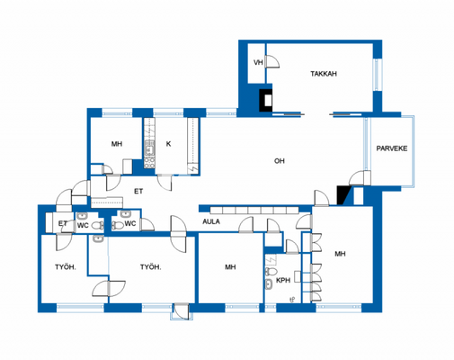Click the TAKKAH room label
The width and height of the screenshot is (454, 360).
pos(324,75)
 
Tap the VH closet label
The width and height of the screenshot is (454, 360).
pos(258,62)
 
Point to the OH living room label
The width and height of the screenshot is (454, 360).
pos(280,161)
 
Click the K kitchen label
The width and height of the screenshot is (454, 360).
pos(168,144)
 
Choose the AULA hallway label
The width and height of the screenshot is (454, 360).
pos(211,221)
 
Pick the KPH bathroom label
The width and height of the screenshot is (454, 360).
pos(283,280)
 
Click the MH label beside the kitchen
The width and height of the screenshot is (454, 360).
pos(116,144)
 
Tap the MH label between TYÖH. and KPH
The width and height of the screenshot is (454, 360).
pos(230,267)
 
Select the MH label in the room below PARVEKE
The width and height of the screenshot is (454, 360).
pos(340,255)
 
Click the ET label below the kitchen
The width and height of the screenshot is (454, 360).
pos(138,191)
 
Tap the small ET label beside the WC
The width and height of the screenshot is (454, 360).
pos(63,223)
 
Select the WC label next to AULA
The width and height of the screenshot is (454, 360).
pos(129,223)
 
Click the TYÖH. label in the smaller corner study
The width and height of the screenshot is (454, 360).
pos(63,267)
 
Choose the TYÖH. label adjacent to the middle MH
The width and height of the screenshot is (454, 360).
pos(151,267)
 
